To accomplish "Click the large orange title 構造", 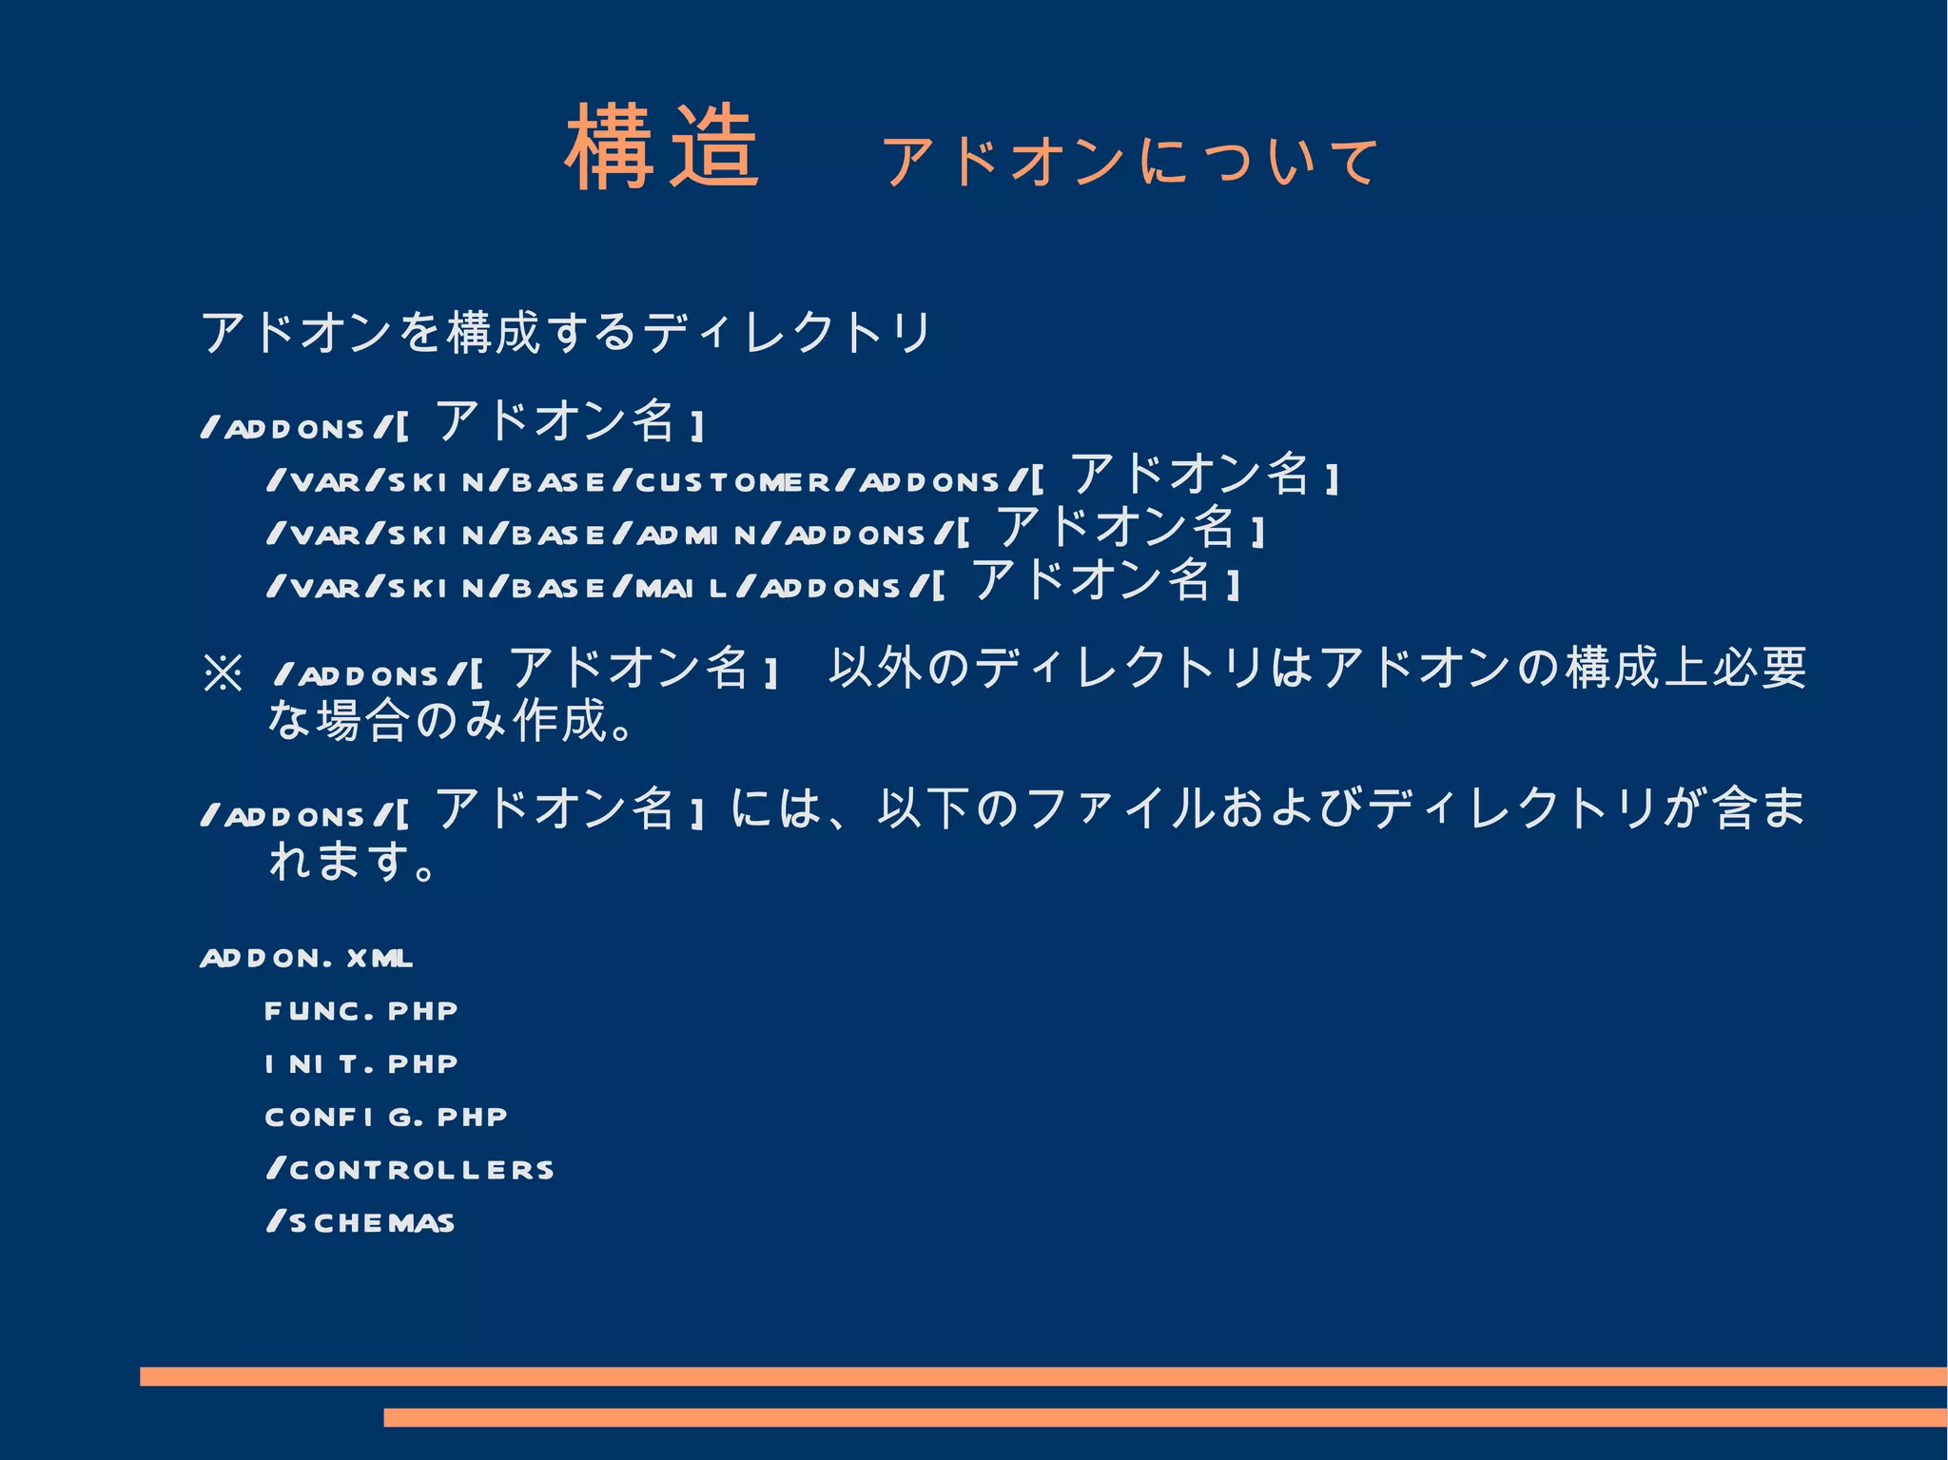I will [x=662, y=148].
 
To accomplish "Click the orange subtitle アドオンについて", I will [x=1130, y=161].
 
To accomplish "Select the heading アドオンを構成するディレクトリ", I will [x=566, y=333].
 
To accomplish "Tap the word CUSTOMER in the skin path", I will [x=732, y=482].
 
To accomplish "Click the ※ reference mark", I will [x=224, y=673].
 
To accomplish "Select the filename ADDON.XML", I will [x=306, y=958].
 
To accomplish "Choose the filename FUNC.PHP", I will [x=361, y=1011].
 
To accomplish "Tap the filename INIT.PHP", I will [x=361, y=1064].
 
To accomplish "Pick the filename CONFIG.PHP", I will [x=386, y=1117].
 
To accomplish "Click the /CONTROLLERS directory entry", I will [x=411, y=1170].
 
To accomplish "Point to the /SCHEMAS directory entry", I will [x=361, y=1223].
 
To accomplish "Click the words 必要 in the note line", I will [x=1760, y=668].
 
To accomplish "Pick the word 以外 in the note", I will [x=876, y=668].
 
